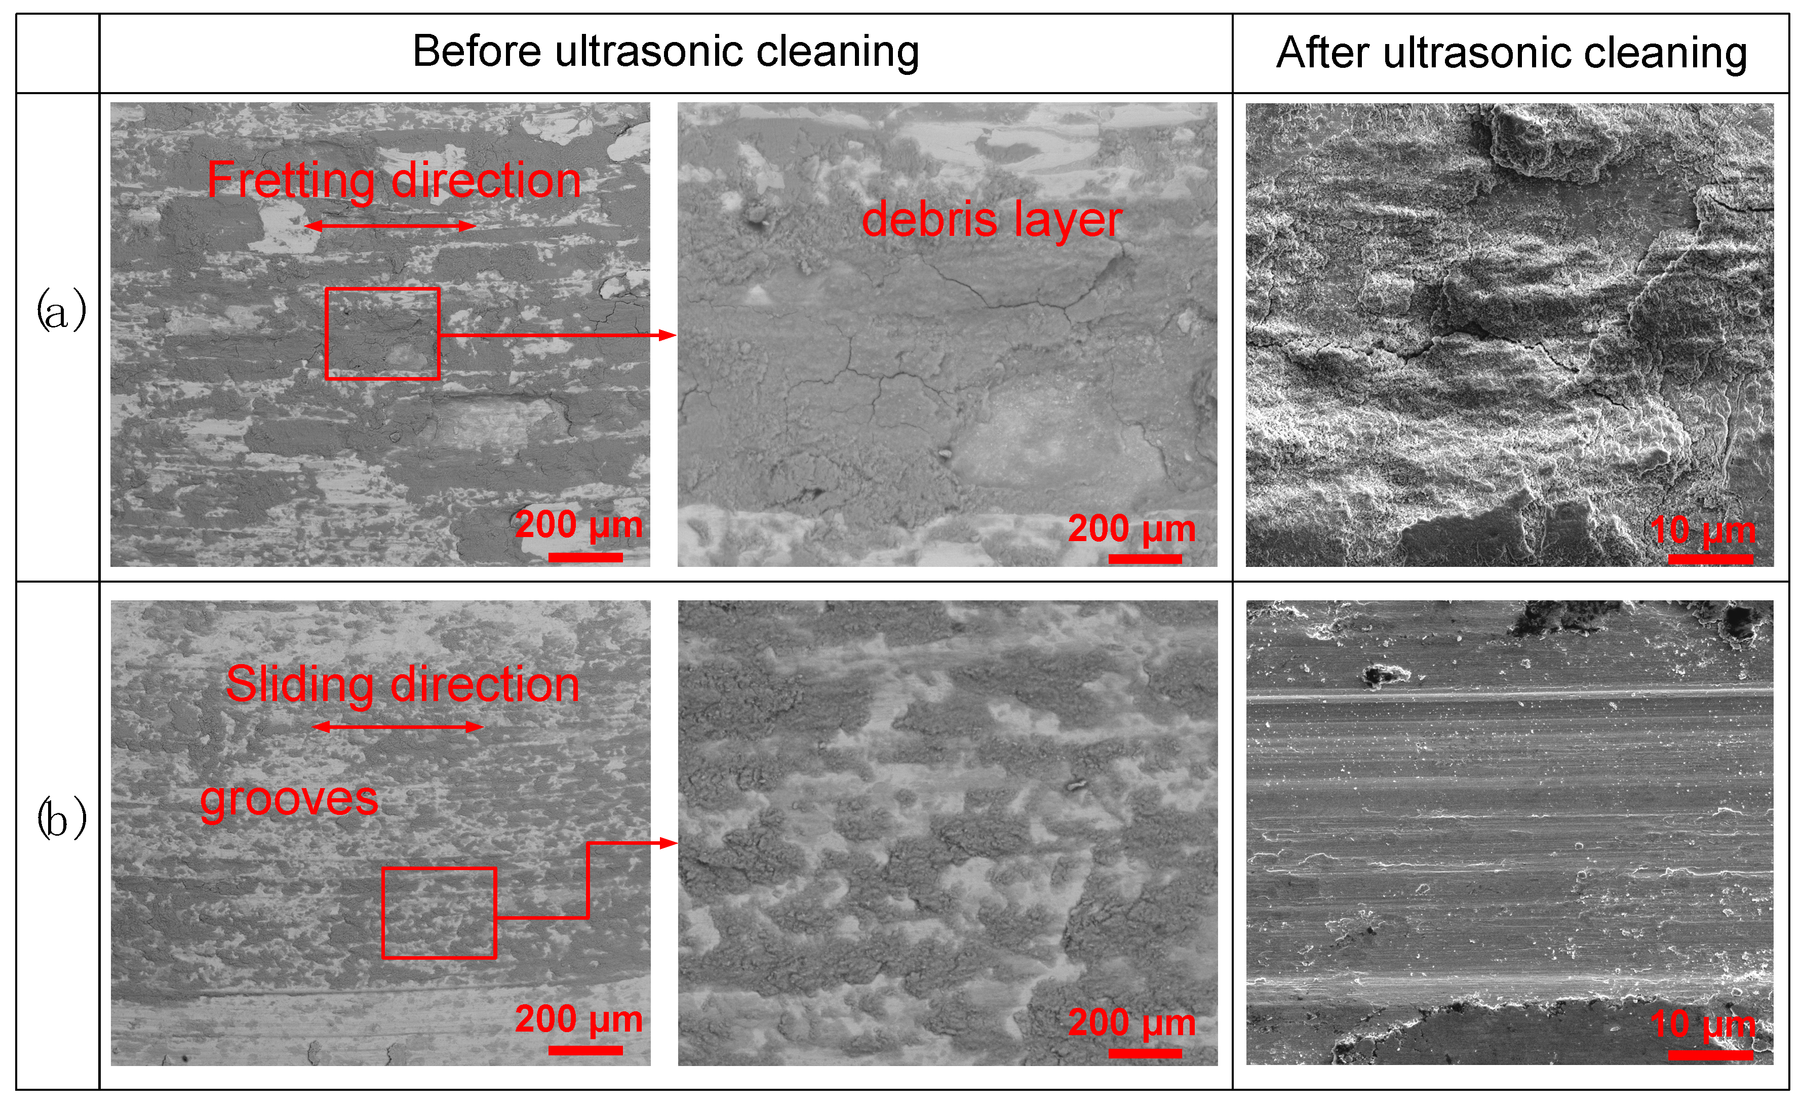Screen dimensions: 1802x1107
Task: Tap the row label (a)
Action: click(61, 310)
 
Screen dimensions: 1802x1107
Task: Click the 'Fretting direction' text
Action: click(394, 180)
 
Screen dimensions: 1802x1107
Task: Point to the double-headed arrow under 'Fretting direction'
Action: click(389, 226)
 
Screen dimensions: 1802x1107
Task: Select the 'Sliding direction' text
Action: click(402, 684)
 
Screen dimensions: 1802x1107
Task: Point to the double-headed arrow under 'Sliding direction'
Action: click(398, 726)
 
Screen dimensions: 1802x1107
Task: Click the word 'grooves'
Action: click(289, 798)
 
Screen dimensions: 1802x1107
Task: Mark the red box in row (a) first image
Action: click(382, 334)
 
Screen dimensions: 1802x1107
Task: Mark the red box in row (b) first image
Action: click(439, 913)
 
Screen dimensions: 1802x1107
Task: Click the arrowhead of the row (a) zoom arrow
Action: click(668, 335)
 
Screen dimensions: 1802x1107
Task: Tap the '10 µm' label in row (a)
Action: click(1702, 530)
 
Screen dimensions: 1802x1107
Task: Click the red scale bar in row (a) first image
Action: click(585, 557)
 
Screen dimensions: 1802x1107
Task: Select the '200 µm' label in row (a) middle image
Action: click(1132, 528)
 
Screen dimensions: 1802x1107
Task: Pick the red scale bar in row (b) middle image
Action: click(1145, 1053)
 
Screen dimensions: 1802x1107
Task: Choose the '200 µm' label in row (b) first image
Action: click(579, 1018)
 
